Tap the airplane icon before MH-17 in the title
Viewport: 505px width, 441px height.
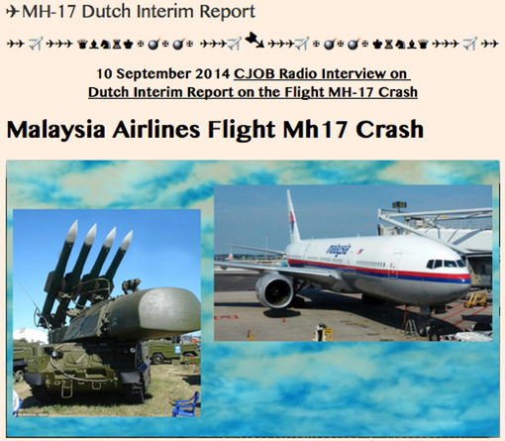click(x=13, y=13)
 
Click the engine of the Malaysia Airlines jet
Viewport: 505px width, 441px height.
click(x=275, y=290)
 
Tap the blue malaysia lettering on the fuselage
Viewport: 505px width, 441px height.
click(x=340, y=248)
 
